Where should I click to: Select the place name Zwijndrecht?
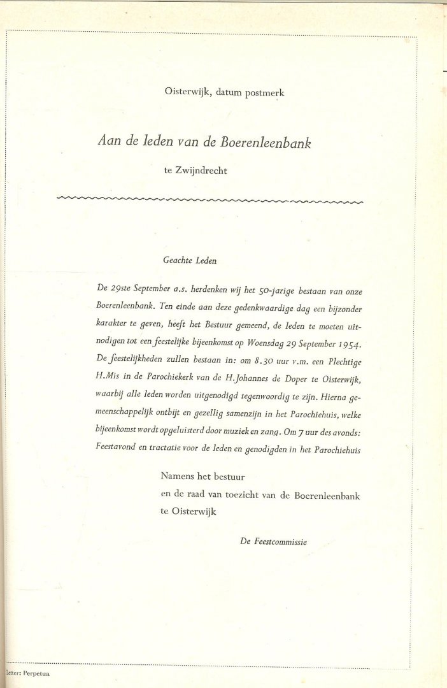pos(200,171)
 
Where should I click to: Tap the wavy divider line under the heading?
pos(210,200)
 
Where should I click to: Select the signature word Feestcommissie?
pos(281,541)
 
